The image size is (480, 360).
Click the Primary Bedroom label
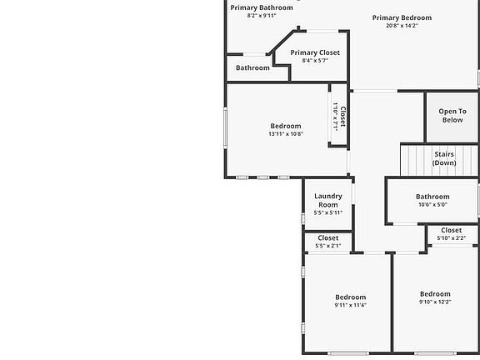click(402, 17)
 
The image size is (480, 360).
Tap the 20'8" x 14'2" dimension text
click(402, 26)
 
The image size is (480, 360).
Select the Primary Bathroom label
click(262, 7)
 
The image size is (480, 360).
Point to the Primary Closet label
click(315, 52)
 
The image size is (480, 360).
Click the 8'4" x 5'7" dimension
click(315, 60)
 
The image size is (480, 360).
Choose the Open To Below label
click(452, 115)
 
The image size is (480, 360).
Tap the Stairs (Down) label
click(444, 158)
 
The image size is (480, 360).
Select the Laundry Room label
click(328, 200)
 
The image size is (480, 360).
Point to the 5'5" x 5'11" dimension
click(328, 212)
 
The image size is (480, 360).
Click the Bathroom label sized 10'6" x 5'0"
click(432, 197)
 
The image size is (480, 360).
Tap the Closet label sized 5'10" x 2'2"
click(452, 230)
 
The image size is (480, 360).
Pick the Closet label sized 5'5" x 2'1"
click(328, 237)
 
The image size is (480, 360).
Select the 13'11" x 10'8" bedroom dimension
click(286, 133)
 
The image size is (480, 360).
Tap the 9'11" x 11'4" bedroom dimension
click(351, 305)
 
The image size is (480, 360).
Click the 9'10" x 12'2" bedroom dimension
click(435, 302)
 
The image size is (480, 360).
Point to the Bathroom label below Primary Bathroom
click(252, 67)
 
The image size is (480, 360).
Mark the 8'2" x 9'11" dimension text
click(262, 15)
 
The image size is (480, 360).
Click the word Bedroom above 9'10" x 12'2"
click(435, 293)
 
